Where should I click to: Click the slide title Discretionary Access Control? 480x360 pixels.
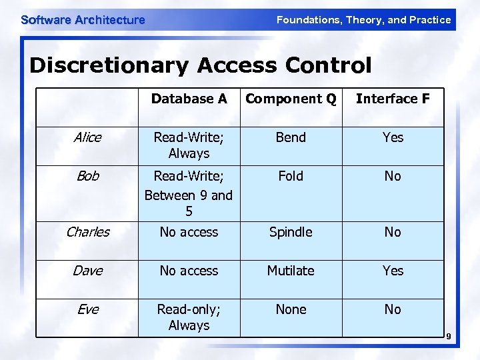(x=200, y=65)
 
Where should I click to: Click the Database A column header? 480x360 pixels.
(x=189, y=99)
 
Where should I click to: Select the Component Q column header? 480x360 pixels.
(x=291, y=99)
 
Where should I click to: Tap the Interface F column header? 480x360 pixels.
(x=393, y=99)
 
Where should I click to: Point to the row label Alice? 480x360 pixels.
(x=87, y=137)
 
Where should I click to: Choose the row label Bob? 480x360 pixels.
(x=87, y=176)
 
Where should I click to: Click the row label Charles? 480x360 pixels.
(x=87, y=232)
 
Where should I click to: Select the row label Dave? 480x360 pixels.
(x=87, y=271)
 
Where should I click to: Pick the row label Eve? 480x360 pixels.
(x=87, y=309)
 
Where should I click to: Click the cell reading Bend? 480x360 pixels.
(x=291, y=137)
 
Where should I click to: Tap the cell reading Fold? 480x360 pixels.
(x=291, y=176)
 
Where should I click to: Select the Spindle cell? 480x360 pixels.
(x=291, y=232)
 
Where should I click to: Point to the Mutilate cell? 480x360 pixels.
(x=291, y=271)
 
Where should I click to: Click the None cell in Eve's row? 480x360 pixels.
(x=291, y=309)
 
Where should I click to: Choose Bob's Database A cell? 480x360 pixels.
(x=189, y=194)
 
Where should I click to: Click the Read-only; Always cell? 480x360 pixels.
(x=189, y=317)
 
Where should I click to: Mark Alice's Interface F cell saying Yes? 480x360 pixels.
(x=393, y=137)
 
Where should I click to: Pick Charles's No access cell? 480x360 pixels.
(x=189, y=232)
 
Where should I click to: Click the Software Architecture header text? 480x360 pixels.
(x=83, y=20)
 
